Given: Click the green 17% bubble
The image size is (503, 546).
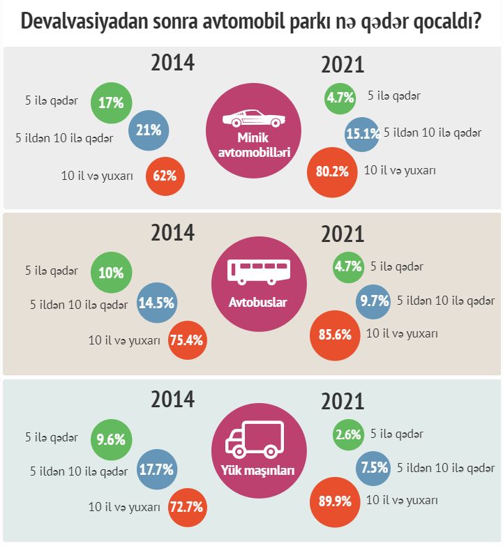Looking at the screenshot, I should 111,103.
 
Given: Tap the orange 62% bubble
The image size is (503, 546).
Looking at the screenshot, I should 164,175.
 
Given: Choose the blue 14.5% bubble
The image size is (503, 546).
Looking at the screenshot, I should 156,303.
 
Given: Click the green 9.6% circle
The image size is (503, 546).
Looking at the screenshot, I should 111,440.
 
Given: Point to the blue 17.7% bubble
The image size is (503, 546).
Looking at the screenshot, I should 156,470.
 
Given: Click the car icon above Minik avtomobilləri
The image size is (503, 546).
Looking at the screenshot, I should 253,119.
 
